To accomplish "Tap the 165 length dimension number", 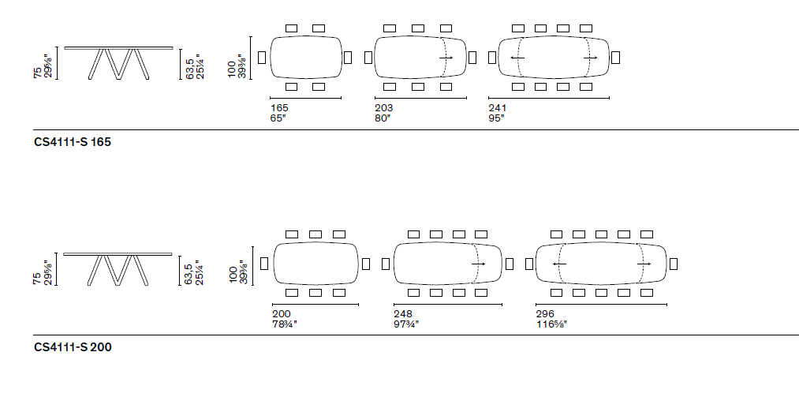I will click(278, 108).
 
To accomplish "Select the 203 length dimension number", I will click(384, 108).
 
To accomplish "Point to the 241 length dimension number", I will click(498, 108).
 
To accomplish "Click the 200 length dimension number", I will click(280, 313).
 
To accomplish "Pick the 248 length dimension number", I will click(402, 313).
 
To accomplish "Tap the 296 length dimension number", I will click(544, 313).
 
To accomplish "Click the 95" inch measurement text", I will click(497, 118).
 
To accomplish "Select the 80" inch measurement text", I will click(383, 118).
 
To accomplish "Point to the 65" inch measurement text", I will click(277, 118).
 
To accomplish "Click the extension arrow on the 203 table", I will click(446, 58).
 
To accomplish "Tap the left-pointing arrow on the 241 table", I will click(517, 58).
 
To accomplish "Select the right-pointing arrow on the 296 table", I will click(644, 264).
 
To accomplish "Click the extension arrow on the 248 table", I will click(478, 264).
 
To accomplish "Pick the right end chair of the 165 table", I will click(348, 57).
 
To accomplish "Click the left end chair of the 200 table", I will click(263, 263).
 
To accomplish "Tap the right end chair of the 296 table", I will click(673, 263).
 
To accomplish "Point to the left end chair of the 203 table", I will click(368, 57).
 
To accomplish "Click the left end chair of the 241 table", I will click(492, 57).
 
